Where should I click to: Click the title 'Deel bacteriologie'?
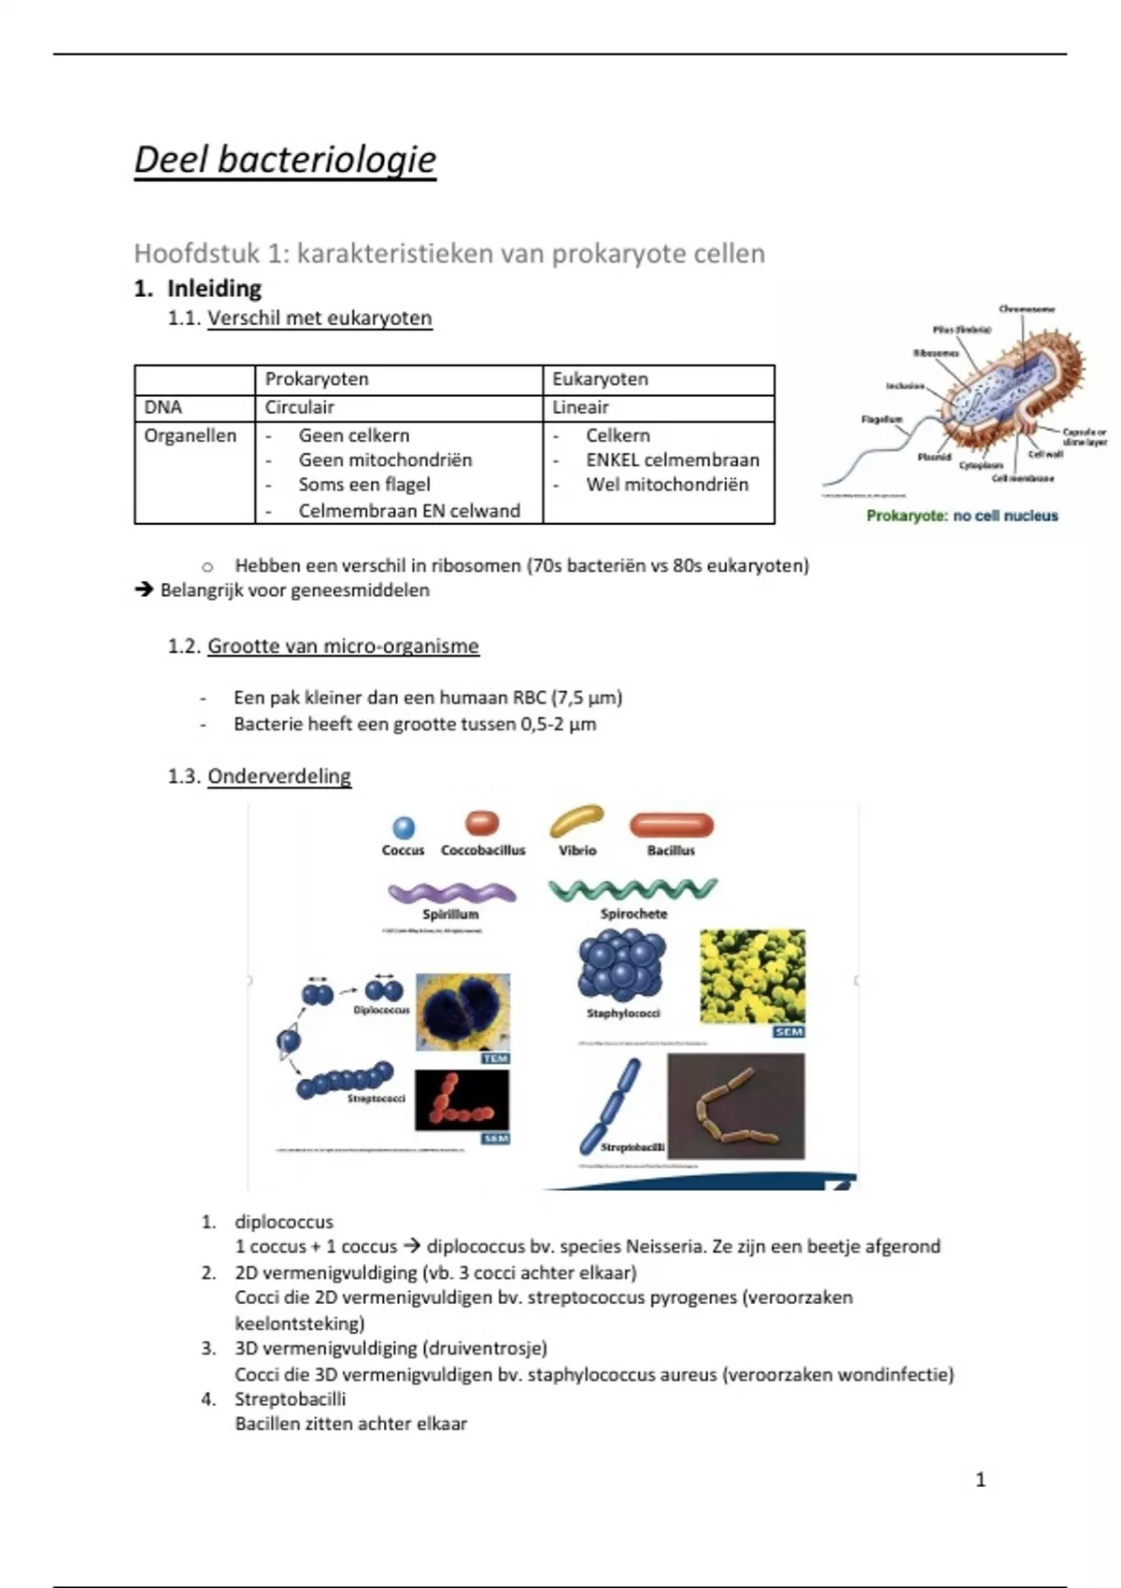285,160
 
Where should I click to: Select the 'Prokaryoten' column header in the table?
317,379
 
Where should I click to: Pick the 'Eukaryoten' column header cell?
600,379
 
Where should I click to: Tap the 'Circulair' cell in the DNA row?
299,407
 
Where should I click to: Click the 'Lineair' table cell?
580,407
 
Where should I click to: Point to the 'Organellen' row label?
191,435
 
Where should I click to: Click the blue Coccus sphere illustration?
404,828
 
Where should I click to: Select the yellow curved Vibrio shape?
576,820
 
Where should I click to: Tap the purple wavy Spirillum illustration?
452,893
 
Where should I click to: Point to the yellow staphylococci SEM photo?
752,976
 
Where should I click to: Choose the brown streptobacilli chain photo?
735,1107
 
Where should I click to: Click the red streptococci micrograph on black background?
461,1099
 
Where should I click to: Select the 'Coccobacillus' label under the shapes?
483,851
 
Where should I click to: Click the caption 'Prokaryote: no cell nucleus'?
962,516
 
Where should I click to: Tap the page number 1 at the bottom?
980,1480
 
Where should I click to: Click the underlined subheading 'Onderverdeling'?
279,776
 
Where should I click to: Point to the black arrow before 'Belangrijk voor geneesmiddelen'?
144,590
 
